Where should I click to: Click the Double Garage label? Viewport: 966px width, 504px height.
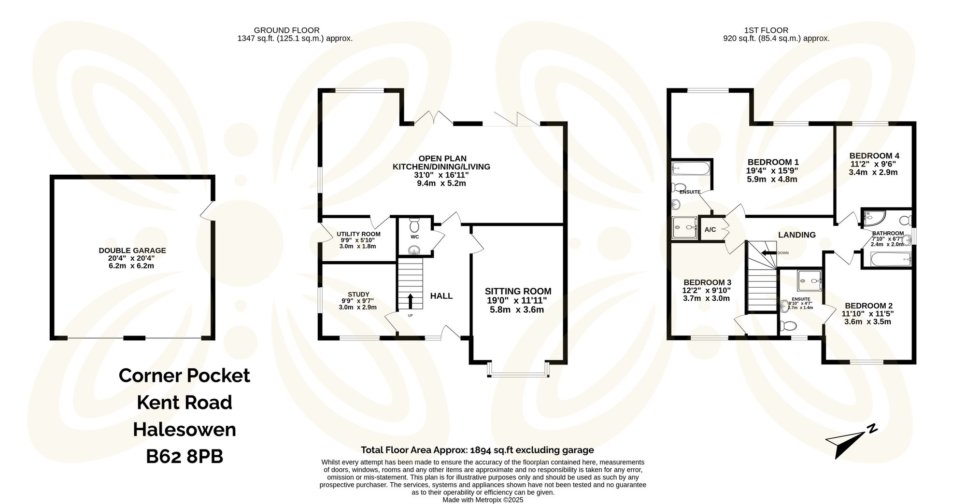pos(132,251)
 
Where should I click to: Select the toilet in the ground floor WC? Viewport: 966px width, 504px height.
pos(414,226)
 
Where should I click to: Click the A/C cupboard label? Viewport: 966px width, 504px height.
pos(710,230)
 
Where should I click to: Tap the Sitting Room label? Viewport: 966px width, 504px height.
pos(518,291)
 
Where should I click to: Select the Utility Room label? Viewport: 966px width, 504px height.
pos(358,234)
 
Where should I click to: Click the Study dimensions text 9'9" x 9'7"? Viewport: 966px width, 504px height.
pos(358,301)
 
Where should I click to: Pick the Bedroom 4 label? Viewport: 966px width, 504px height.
pos(874,155)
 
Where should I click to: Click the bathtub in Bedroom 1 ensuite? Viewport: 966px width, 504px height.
pos(691,169)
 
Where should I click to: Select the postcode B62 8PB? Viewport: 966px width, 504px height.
pos(185,456)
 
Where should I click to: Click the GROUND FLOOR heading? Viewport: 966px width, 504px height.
pos(286,30)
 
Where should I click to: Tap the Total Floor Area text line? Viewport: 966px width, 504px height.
pos(477,450)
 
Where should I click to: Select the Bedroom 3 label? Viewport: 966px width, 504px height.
pos(707,282)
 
